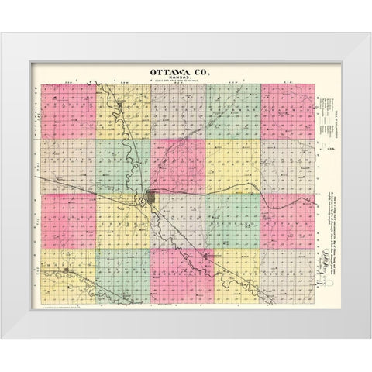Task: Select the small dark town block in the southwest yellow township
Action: (70, 270)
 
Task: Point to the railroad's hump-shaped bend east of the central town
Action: (270, 198)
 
